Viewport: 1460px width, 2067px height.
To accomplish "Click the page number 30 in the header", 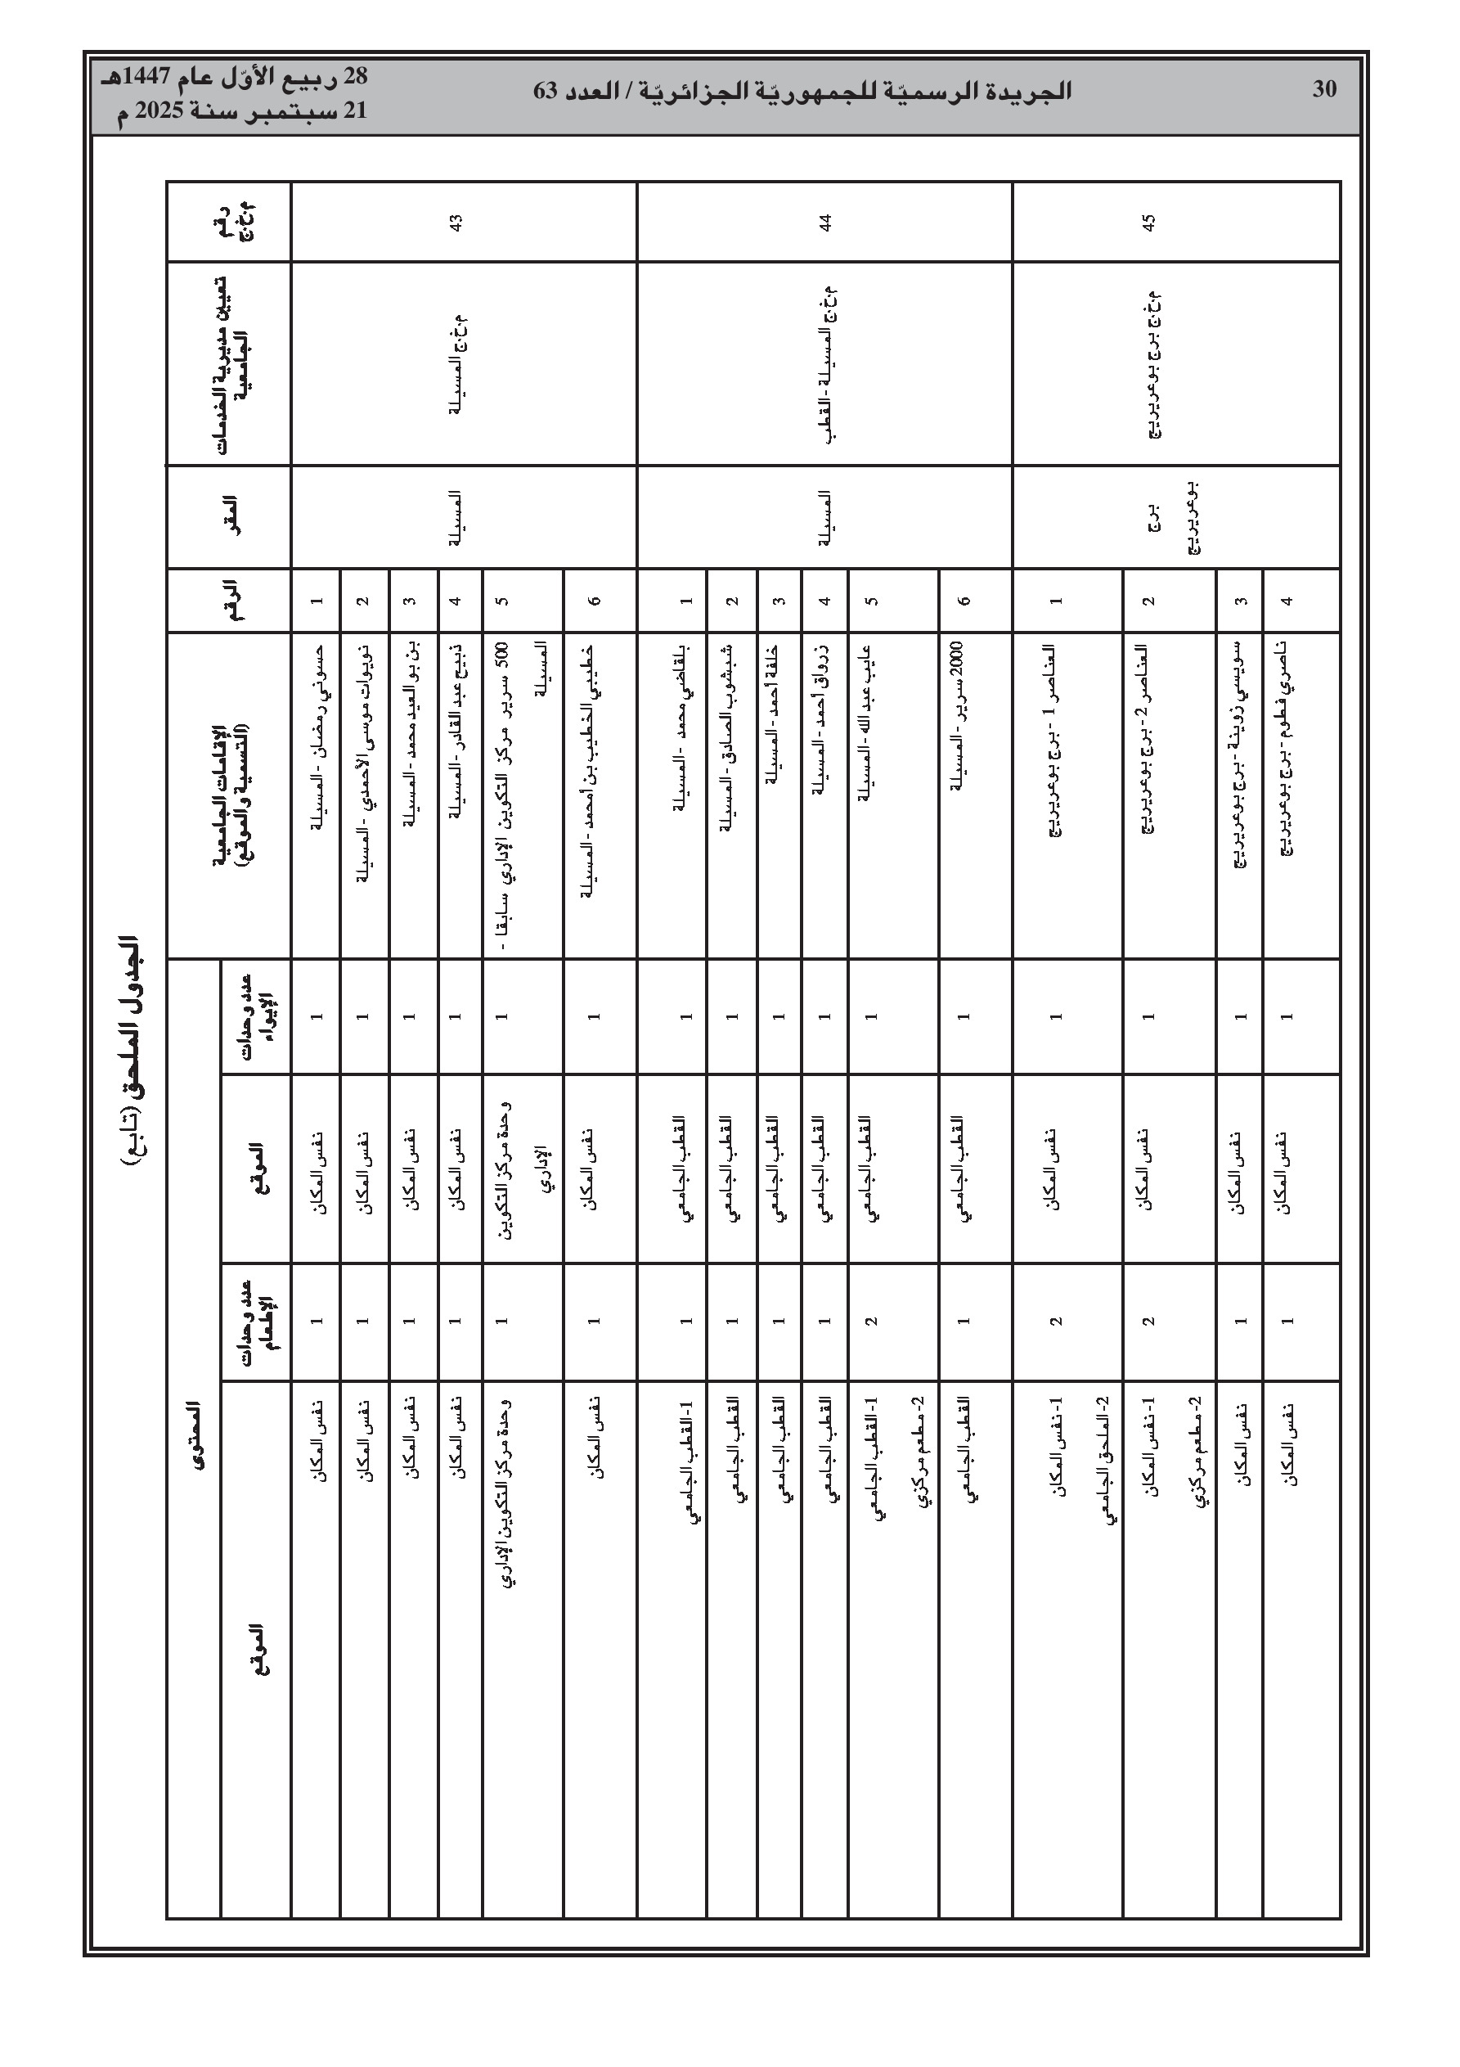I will [x=1324, y=90].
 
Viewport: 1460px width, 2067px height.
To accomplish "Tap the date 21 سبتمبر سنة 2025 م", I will [x=243, y=113].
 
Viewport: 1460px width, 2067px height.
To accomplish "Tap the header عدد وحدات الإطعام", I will [x=258, y=1322].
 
